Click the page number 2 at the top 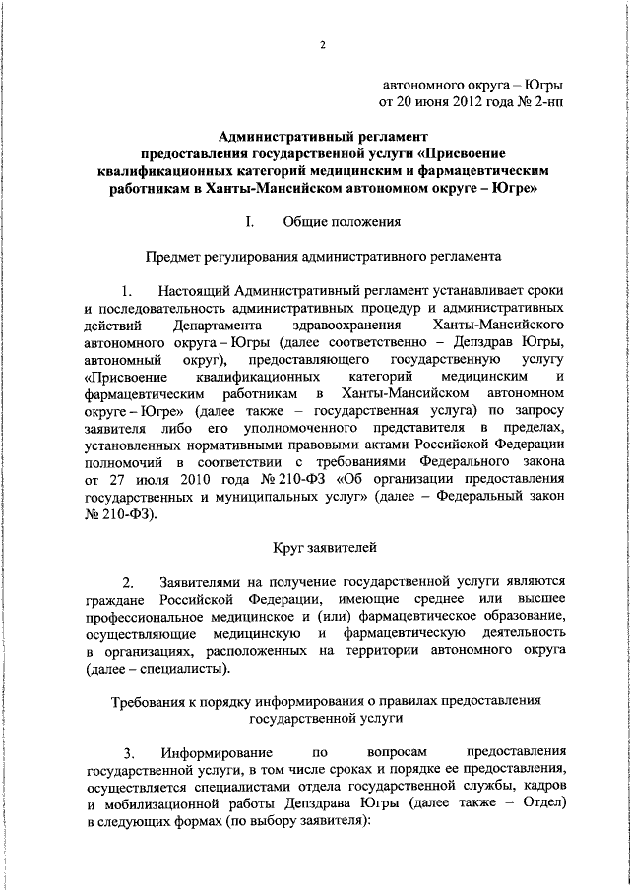pos(322,45)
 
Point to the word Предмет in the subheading pos(174,257)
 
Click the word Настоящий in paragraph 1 pos(194,291)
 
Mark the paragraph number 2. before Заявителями pos(127,581)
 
